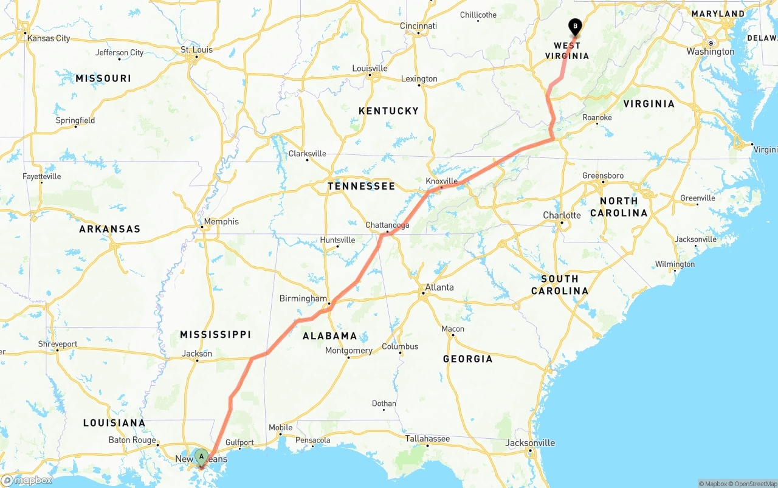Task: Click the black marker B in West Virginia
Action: pyautogui.click(x=574, y=27)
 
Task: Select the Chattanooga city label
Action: pyautogui.click(x=387, y=225)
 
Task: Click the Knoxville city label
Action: pyautogui.click(x=442, y=181)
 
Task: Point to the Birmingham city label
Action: pyautogui.click(x=303, y=298)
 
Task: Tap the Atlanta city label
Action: pyautogui.click(x=439, y=287)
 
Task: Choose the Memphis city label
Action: pyautogui.click(x=221, y=222)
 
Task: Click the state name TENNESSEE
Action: pyautogui.click(x=361, y=186)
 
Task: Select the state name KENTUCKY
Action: pyautogui.click(x=388, y=111)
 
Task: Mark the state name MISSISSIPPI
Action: pyautogui.click(x=215, y=334)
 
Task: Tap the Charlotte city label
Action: pyautogui.click(x=562, y=215)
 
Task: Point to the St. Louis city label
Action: pyautogui.click(x=197, y=50)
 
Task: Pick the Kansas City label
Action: pyautogui.click(x=49, y=38)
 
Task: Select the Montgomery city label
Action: pyautogui.click(x=348, y=351)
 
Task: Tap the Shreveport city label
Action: pyautogui.click(x=58, y=344)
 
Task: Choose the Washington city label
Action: pyautogui.click(x=711, y=52)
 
